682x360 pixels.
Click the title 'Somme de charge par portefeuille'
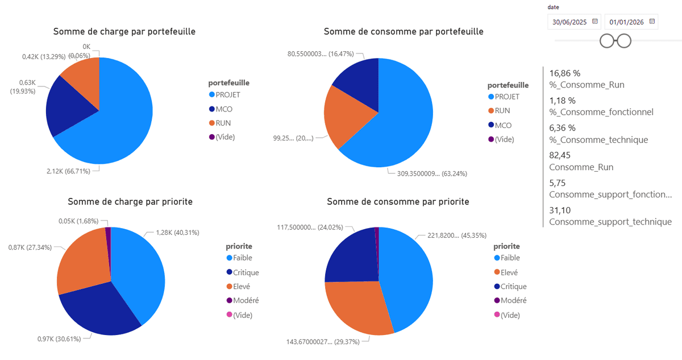coord(124,32)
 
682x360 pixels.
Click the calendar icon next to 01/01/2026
coord(652,22)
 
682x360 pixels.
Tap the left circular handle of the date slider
coord(608,41)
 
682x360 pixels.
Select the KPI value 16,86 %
coord(565,73)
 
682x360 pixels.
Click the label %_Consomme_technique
coord(598,139)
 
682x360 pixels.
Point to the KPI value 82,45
coord(560,156)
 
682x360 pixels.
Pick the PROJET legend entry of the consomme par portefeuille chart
coord(506,97)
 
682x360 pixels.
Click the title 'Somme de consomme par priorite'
coord(398,202)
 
